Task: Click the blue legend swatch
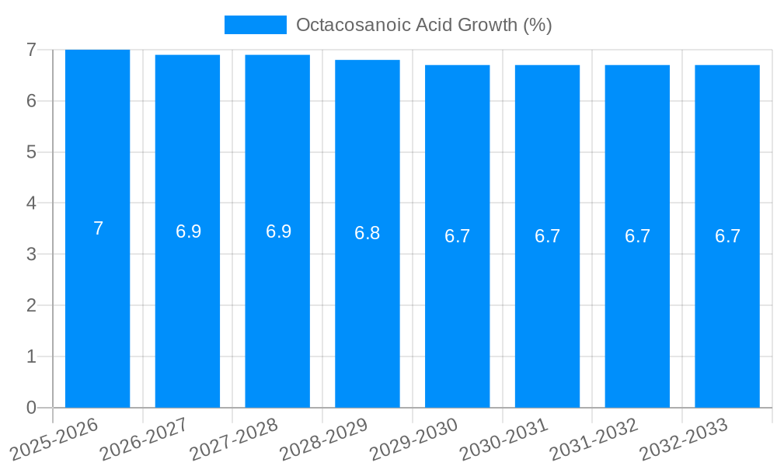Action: (x=255, y=25)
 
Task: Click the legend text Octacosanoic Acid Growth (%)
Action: (x=423, y=25)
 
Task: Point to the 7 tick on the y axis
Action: (x=31, y=50)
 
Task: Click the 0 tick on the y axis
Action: (x=31, y=408)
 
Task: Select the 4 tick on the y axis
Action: (x=31, y=203)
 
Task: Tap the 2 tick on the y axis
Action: (x=31, y=305)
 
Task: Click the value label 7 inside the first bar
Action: (x=98, y=228)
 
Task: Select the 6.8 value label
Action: (x=368, y=233)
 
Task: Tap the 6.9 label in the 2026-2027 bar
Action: (x=188, y=231)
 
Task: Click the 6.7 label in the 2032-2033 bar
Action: (x=727, y=236)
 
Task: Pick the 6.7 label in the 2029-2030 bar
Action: (x=458, y=236)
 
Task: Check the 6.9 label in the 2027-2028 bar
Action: (x=278, y=231)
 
